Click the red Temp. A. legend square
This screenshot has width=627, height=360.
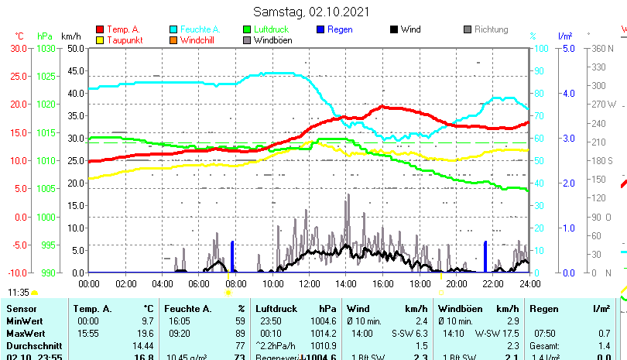(x=99, y=29)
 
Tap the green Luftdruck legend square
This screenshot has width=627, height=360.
(x=247, y=29)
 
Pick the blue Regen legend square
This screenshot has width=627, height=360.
(x=320, y=29)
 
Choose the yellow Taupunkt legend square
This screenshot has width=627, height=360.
(x=99, y=39)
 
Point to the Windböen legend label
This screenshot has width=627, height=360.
(x=272, y=39)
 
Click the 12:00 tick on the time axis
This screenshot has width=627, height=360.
(x=310, y=283)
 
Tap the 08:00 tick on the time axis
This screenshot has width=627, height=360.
(x=235, y=283)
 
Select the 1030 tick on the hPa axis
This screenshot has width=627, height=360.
(x=46, y=48)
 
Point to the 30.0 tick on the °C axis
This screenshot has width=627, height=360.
(x=18, y=48)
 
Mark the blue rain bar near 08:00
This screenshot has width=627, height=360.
(x=232, y=256)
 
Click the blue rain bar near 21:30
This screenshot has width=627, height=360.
(x=485, y=256)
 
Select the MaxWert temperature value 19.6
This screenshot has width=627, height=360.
(x=146, y=333)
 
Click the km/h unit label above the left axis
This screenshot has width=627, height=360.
(x=70, y=36)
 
